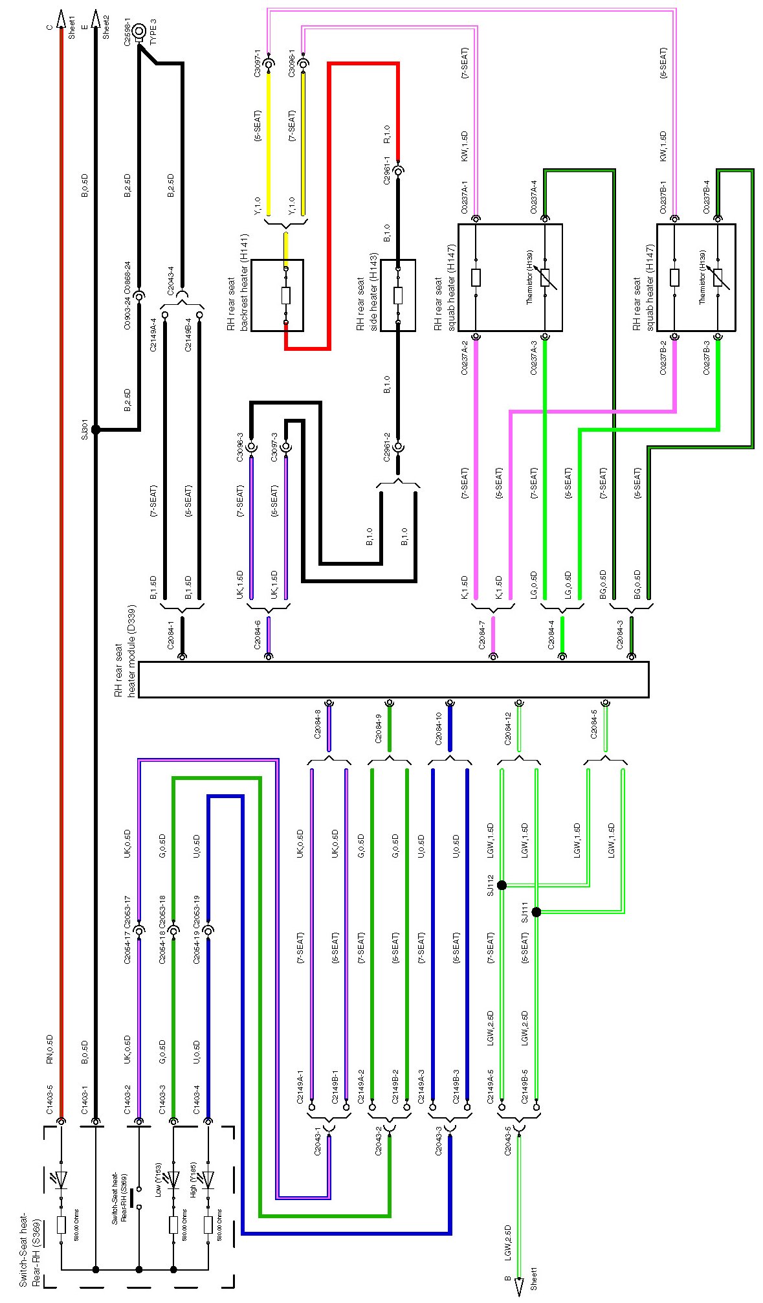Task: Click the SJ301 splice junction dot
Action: [96, 429]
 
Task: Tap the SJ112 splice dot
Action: [502, 885]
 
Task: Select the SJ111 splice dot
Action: [536, 912]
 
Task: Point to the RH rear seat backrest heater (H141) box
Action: [277, 295]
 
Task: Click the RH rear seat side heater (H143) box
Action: [397, 295]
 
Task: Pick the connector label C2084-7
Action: [482, 634]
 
